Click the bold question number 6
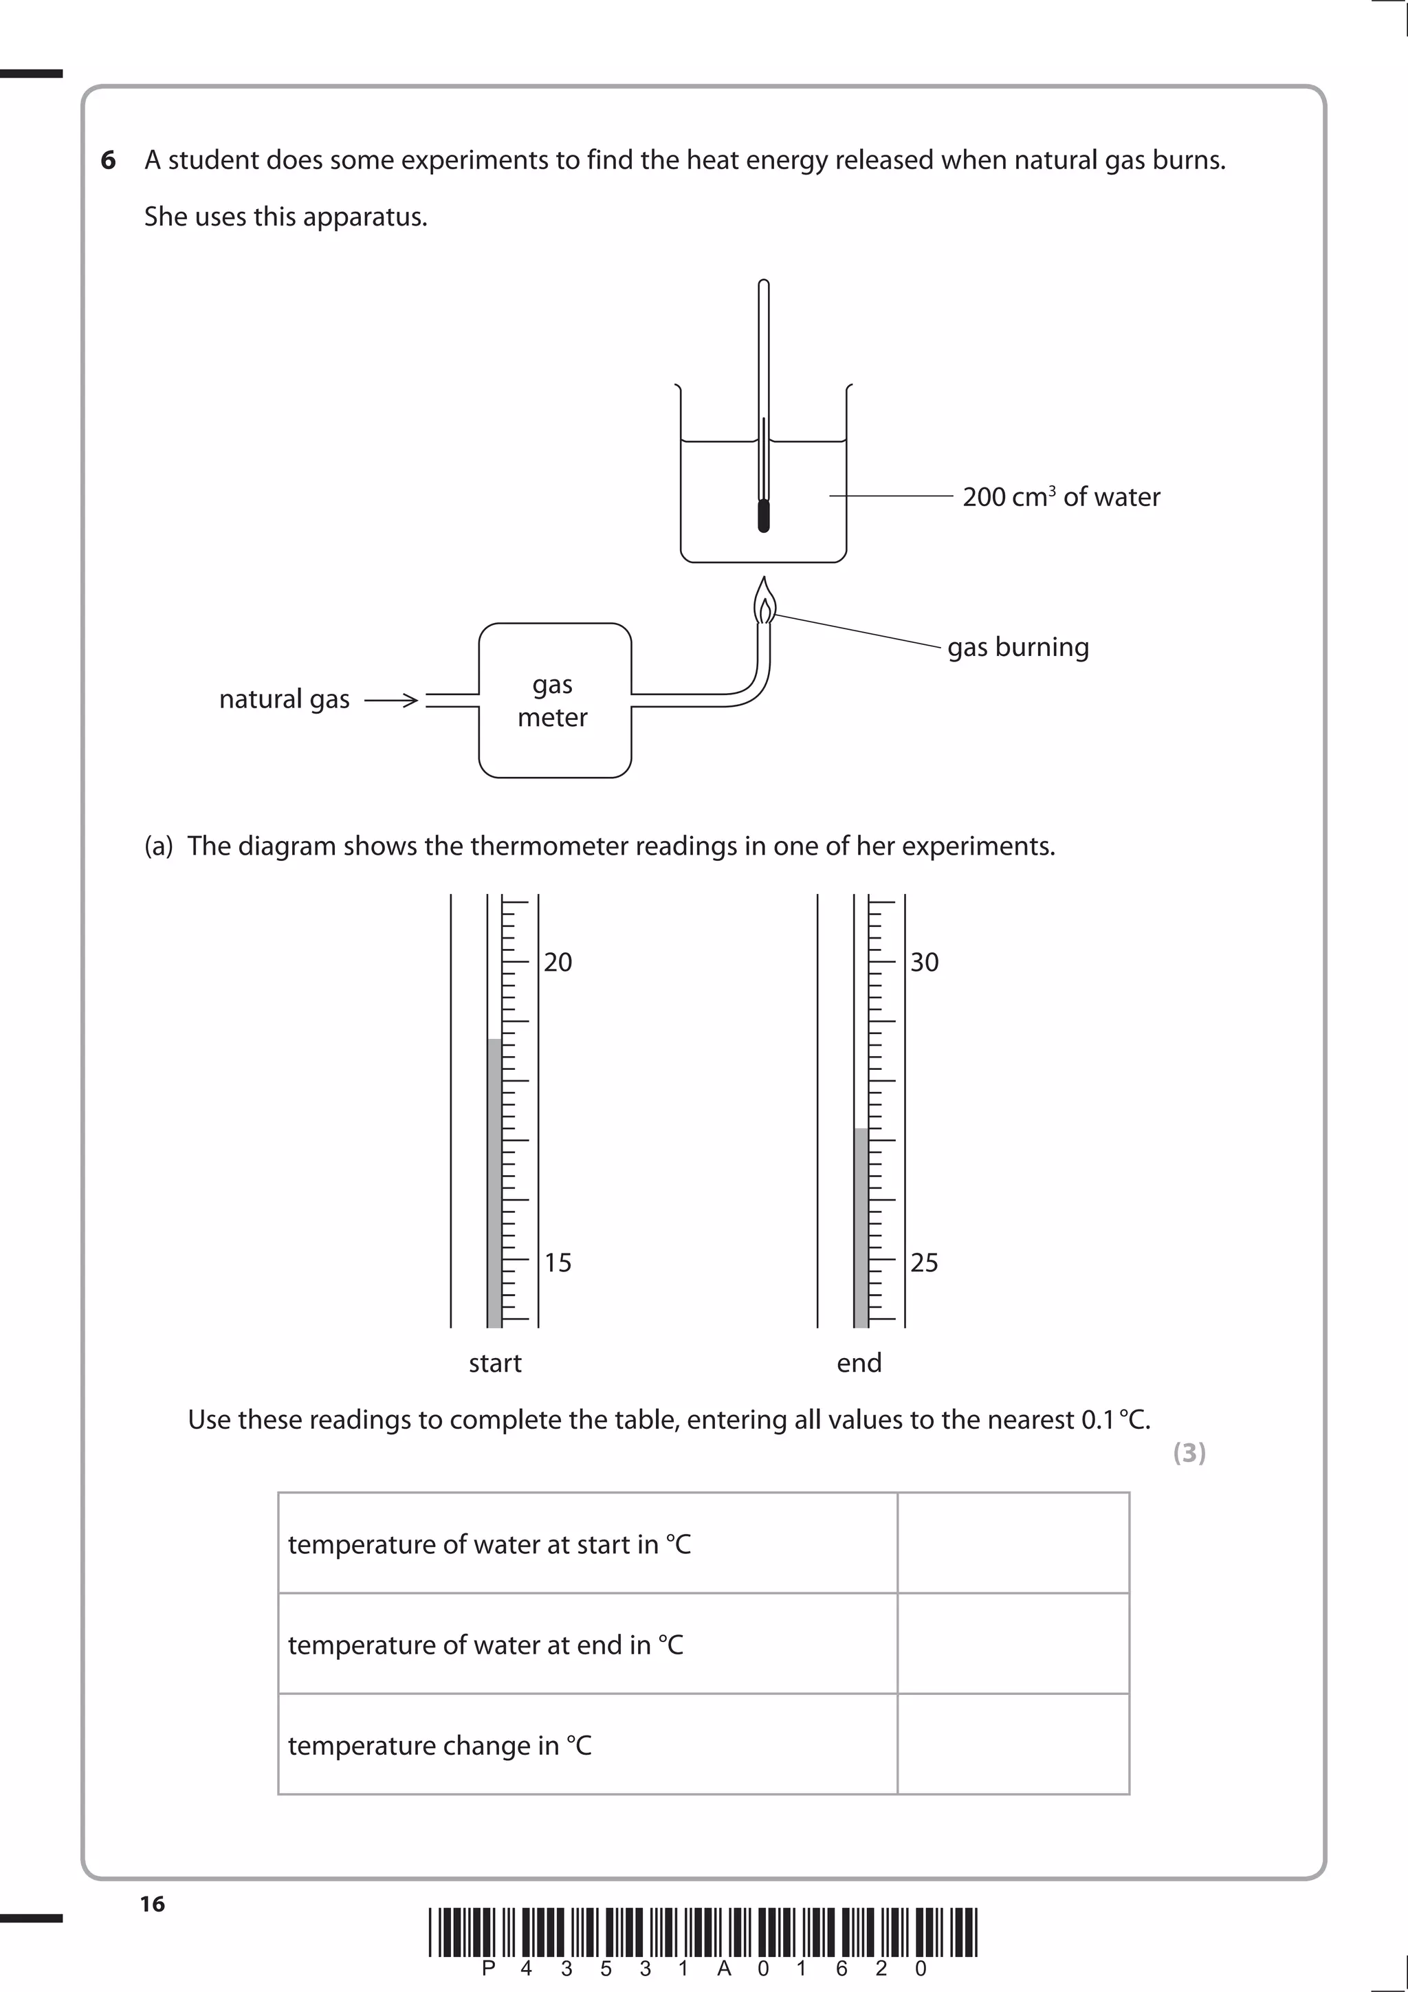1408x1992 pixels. [x=109, y=160]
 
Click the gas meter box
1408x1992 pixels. [x=554, y=700]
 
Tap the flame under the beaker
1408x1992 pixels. [x=763, y=602]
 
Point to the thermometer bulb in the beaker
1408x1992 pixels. [x=763, y=514]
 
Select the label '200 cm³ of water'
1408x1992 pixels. [x=1060, y=497]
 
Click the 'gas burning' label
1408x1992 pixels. [x=1017, y=647]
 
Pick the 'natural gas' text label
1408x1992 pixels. [x=284, y=699]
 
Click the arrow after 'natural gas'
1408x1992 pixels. [x=391, y=700]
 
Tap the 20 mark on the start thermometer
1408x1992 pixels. [x=558, y=962]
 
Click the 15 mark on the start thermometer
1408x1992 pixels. [x=558, y=1262]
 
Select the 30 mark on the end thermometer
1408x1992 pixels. [x=924, y=962]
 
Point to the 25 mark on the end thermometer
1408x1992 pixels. [x=924, y=1262]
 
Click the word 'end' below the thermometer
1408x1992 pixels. [x=859, y=1363]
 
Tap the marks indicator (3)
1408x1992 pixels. [x=1189, y=1452]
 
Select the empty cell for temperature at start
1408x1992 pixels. [x=1013, y=1544]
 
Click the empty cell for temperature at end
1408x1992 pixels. [x=1013, y=1644]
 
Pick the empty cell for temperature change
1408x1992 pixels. [x=1013, y=1744]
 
